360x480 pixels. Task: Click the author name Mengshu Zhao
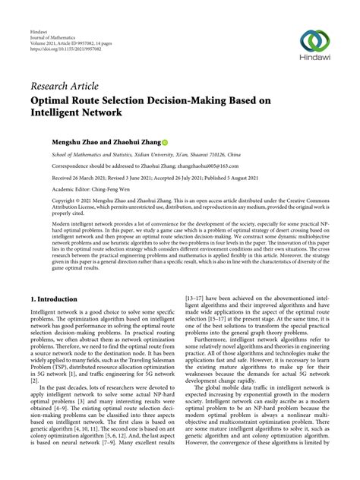[76, 142]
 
